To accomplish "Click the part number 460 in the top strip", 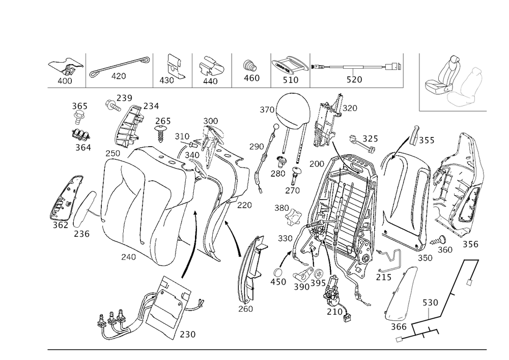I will coord(251,78).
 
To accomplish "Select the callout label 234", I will coord(151,106).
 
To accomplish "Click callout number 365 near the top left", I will coord(79,106).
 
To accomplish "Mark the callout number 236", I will coord(81,233).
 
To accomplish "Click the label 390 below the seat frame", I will coord(301,287).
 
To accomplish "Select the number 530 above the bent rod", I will coord(430,302).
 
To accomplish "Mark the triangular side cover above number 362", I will coord(67,199).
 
